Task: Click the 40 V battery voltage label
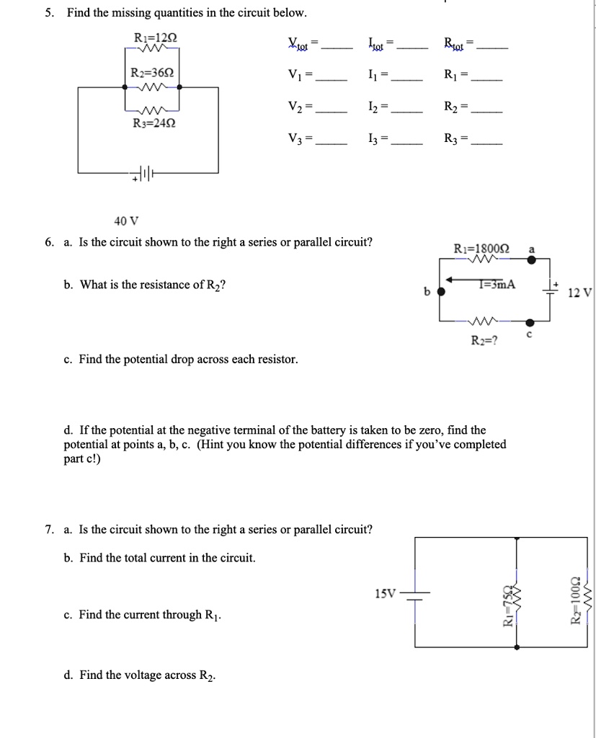point(125,221)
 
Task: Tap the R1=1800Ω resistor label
point(482,249)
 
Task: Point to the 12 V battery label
point(579,293)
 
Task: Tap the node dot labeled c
point(530,323)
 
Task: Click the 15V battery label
point(386,594)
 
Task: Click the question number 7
point(48,530)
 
